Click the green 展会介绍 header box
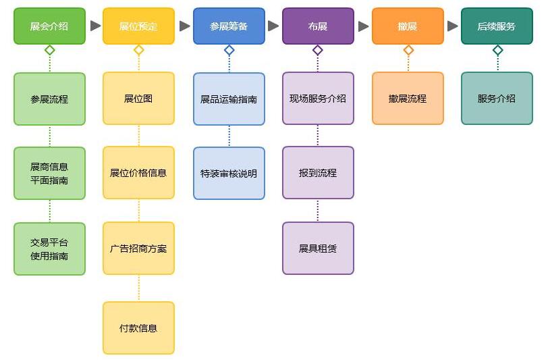pos(49,26)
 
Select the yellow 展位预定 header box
pos(138,26)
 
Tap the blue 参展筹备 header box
pos(229,26)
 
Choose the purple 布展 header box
pos(318,26)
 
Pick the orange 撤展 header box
pos(408,26)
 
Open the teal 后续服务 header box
pos(497,26)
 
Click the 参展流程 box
pos(49,99)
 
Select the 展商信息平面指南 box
pos(49,174)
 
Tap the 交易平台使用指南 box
pos(49,249)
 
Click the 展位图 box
pos(138,99)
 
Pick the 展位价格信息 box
pos(138,173)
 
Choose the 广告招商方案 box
pos(138,249)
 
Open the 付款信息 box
pos(138,328)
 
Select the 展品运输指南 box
pos(229,99)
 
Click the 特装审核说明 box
pos(229,174)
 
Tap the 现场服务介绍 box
pos(318,99)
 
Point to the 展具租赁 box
pos(318,249)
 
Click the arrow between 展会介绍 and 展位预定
pos(95,26)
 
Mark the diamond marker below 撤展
pos(408,50)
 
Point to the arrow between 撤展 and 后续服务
pos(453,26)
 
